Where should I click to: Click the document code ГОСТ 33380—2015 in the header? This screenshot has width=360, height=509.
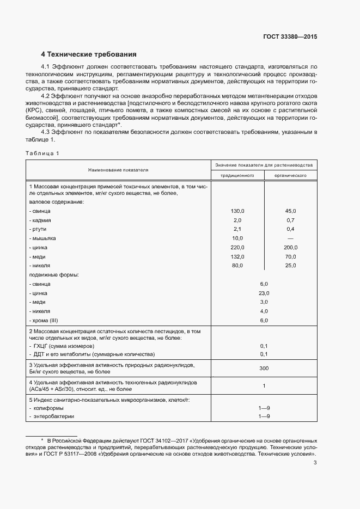click(290, 37)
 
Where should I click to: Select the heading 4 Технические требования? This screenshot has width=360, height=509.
click(88, 54)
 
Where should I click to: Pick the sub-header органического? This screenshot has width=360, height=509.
click(290, 176)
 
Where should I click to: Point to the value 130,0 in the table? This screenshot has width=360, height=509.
click(238, 211)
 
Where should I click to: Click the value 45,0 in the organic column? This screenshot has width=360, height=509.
click(290, 211)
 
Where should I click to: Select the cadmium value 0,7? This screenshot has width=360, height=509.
click(290, 220)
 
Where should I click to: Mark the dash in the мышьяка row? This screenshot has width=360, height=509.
click(290, 238)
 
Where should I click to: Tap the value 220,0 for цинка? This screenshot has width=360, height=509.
click(238, 248)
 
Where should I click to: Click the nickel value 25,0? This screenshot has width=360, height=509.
click(290, 266)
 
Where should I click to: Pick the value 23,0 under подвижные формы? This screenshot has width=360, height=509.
click(264, 293)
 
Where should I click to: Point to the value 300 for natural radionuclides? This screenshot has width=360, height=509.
click(264, 369)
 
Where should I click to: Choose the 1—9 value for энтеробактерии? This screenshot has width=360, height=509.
click(264, 416)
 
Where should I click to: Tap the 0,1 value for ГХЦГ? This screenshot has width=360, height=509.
click(264, 346)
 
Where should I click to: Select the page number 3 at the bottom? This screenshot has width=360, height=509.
click(315, 463)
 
